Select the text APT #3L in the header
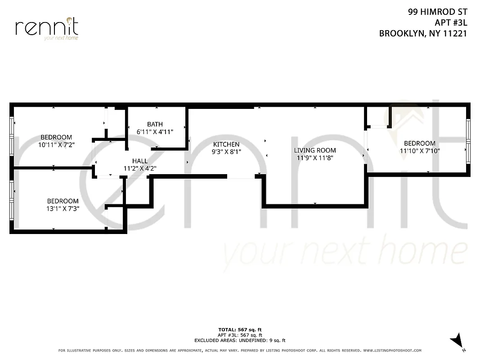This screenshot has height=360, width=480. coord(450,22)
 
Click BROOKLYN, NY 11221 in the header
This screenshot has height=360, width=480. coord(422,33)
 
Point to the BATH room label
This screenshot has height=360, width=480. coord(155,124)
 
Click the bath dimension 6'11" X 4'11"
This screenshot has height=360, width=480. coord(155,131)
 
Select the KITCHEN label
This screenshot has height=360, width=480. coord(226,144)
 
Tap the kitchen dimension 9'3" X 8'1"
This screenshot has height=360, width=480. coord(226,152)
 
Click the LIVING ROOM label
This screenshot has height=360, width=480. coord(315,150)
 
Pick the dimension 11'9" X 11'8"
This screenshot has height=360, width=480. coord(315,158)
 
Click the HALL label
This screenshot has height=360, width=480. coord(140,161)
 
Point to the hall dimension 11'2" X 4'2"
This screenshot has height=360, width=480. coord(140,168)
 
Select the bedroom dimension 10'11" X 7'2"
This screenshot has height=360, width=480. coord(56,145)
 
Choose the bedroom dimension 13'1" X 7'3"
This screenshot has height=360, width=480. coord(63,209)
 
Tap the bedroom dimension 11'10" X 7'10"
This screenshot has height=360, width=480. coord(419,151)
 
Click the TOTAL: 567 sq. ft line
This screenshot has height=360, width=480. coord(240,330)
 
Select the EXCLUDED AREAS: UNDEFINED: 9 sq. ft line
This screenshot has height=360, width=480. coord(240,341)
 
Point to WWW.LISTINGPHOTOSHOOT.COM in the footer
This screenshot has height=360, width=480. coord(392,351)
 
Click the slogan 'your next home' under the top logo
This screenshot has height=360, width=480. coord(61,38)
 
